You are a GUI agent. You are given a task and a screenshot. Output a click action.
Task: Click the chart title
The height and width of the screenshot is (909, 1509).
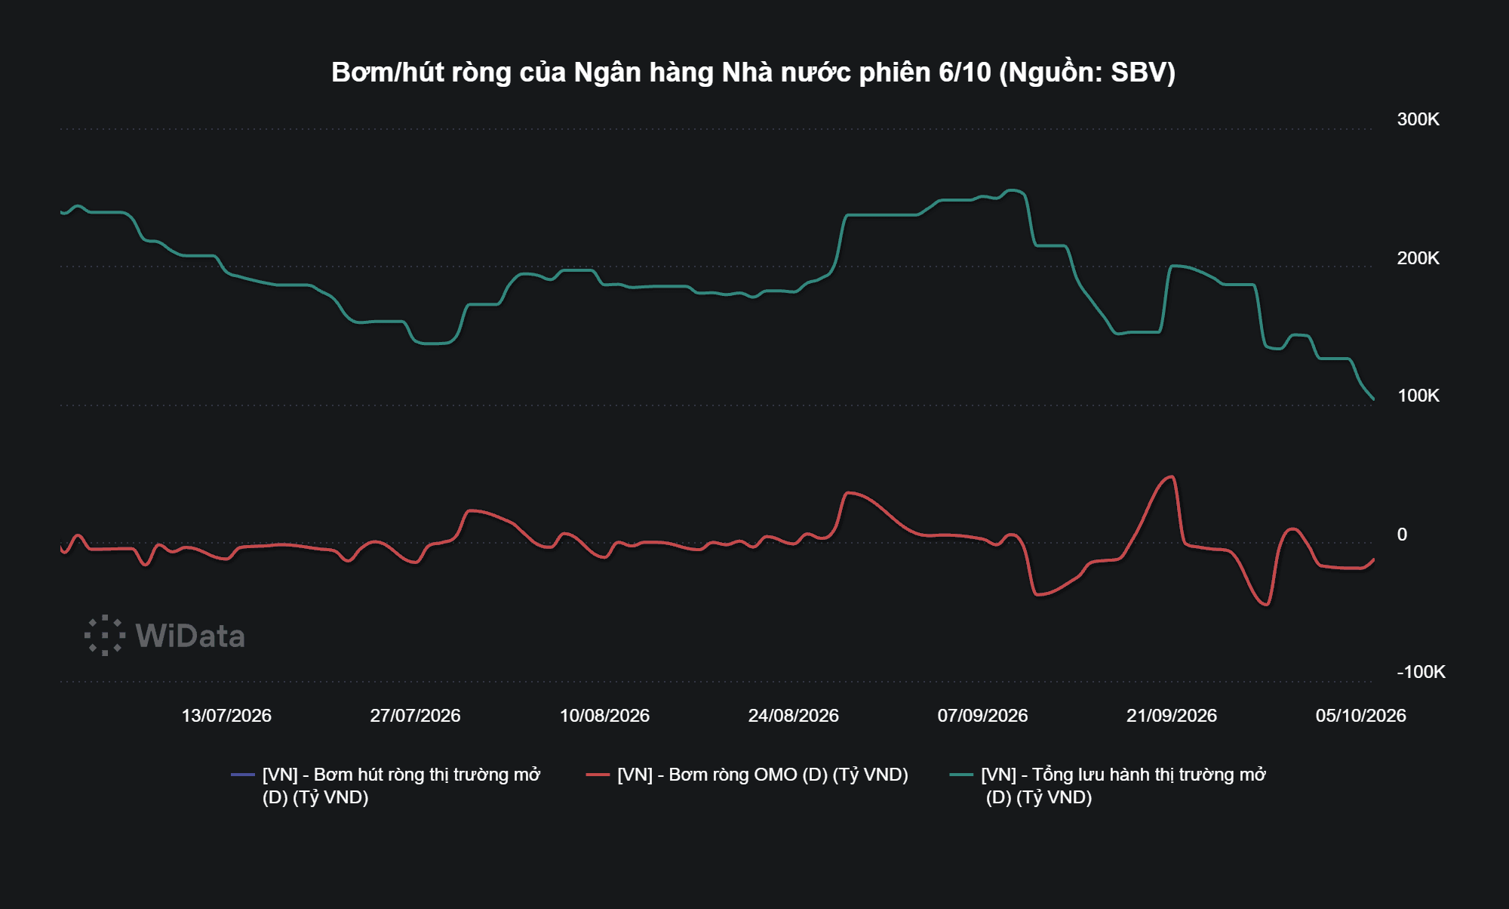coord(753,72)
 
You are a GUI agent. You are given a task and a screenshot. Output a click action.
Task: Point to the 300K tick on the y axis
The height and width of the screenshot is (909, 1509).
coord(1418,119)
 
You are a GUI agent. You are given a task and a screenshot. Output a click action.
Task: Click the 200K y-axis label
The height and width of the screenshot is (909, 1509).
coord(1418,258)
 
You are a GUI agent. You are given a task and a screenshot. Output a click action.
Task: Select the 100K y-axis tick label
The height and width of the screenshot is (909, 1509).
coord(1418,396)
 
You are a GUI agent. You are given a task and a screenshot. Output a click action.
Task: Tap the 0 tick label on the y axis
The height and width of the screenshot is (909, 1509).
coord(1402,535)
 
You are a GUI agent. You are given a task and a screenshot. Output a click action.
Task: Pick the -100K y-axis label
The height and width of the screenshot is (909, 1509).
coord(1421,672)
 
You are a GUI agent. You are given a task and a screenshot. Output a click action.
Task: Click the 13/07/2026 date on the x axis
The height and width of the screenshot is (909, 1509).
coord(226,716)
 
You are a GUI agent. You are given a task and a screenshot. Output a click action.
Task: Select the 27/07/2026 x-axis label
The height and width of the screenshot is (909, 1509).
coord(415,716)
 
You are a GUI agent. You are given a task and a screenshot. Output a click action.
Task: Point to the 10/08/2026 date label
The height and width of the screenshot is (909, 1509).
coord(604,716)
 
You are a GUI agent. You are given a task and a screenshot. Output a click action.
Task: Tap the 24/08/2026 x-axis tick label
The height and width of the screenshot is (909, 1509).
coord(793,716)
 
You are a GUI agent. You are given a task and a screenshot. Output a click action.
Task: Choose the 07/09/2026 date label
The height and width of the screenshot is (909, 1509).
coord(982,716)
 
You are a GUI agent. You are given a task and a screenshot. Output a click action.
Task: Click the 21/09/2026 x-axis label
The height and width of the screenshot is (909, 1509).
coord(1172,716)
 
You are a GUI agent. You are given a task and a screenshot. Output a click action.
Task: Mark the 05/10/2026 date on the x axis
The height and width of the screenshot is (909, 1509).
coord(1360,716)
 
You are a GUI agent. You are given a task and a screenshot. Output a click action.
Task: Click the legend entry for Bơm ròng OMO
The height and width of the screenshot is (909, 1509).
coord(747,775)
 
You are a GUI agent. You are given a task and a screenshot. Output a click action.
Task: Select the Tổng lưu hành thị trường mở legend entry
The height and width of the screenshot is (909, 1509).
coord(1108,786)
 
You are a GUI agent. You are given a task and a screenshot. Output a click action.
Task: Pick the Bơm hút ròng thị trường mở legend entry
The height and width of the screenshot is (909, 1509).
coord(386,786)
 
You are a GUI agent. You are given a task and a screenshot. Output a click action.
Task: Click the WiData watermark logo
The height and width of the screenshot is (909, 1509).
coord(164,636)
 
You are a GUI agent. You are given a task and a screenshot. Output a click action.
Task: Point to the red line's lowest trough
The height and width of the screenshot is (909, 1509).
coord(1267,605)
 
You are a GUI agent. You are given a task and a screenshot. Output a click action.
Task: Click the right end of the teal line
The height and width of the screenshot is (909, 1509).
coord(1373,399)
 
